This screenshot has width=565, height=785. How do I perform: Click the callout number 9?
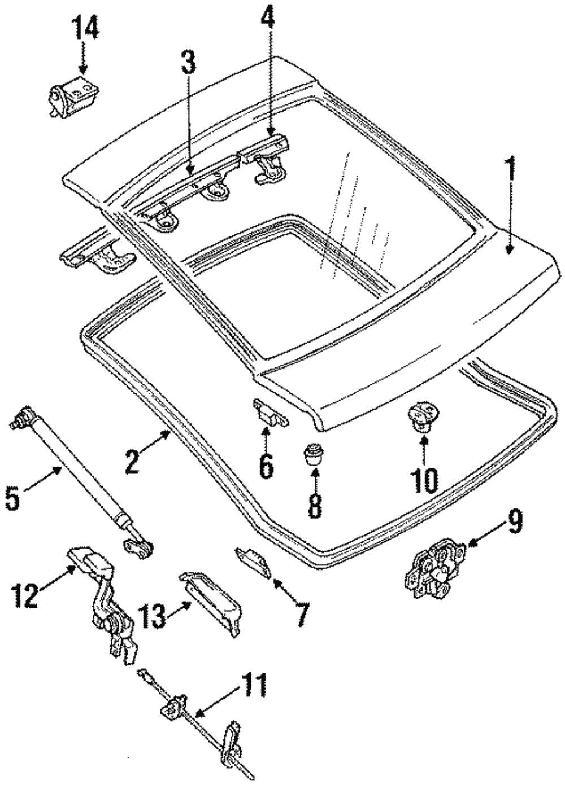[514, 522]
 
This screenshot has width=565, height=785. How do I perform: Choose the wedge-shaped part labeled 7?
[252, 560]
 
